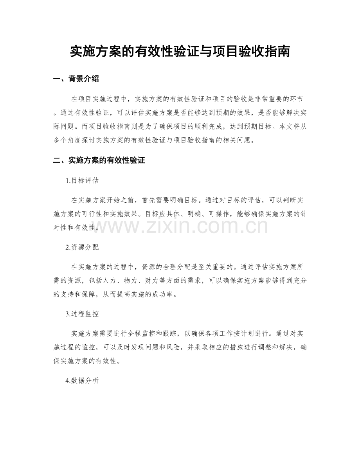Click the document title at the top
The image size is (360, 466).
[x=180, y=51]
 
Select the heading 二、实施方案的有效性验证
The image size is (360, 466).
[x=99, y=160]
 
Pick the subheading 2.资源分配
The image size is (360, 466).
[x=82, y=247]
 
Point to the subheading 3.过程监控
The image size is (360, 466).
[x=82, y=313]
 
